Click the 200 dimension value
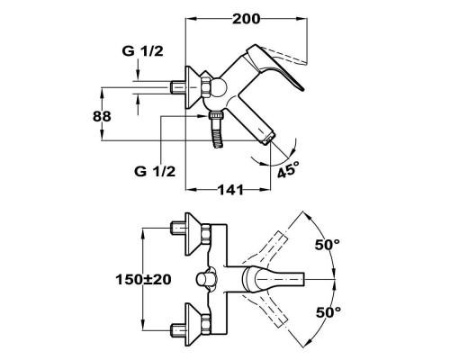[247, 19]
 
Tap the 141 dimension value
[230, 190]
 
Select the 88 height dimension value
[102, 116]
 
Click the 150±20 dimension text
[143, 280]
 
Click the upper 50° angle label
[327, 244]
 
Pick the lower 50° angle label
[328, 312]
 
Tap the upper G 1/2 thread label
[143, 51]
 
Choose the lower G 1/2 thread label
[155, 172]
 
